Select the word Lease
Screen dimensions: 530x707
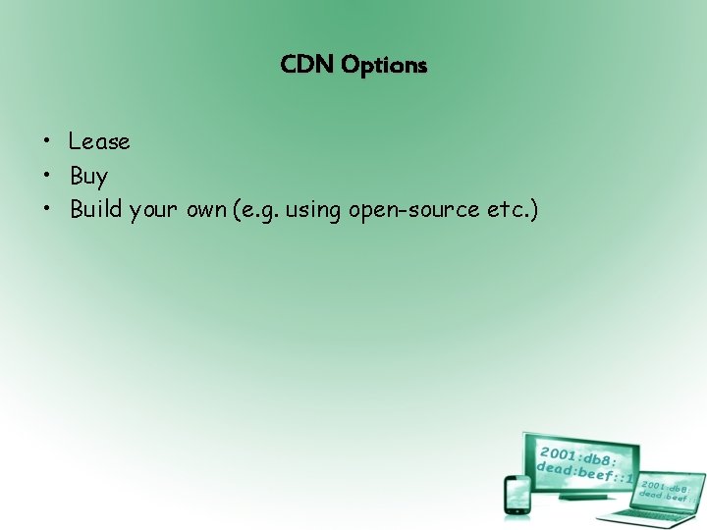(x=99, y=142)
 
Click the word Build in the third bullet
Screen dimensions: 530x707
(x=96, y=209)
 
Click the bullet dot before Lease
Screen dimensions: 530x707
(x=46, y=142)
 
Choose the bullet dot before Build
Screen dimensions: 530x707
(x=46, y=209)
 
